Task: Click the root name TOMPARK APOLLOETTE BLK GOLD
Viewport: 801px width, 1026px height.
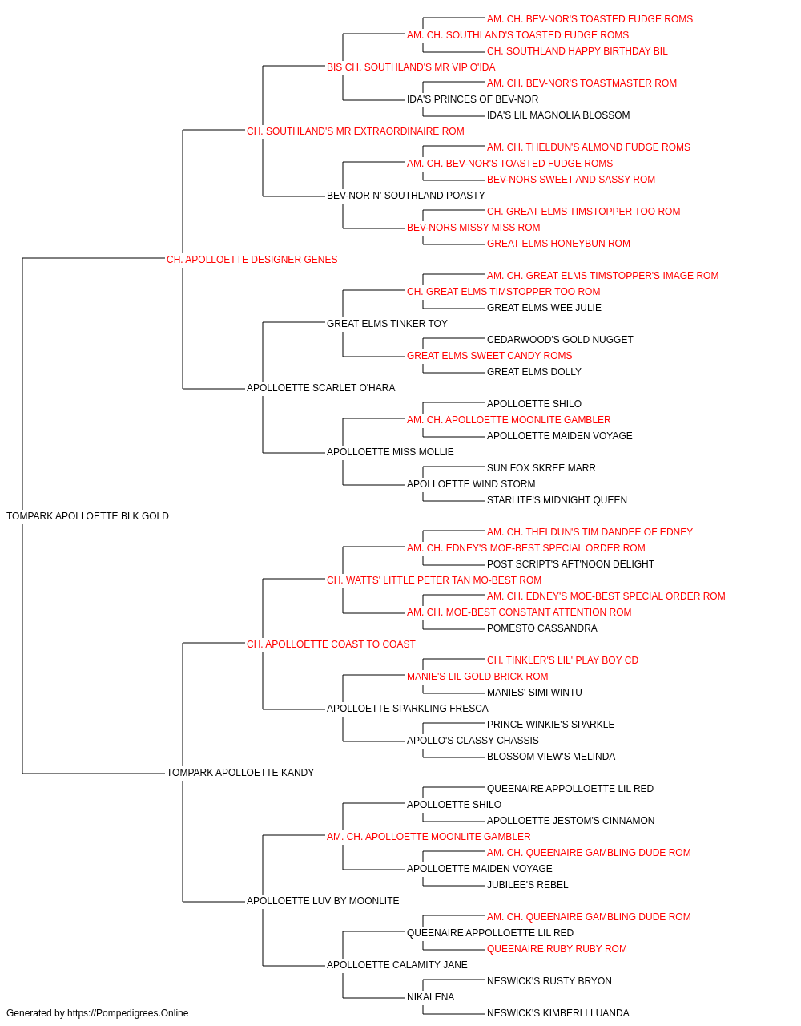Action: [x=87, y=516]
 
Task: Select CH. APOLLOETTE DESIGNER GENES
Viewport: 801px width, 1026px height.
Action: [x=252, y=260]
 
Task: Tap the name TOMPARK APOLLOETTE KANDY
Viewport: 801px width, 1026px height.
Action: [x=240, y=773]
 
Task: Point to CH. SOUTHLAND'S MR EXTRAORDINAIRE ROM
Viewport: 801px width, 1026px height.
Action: [x=355, y=131]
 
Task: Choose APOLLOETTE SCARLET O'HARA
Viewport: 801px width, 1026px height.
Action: [x=320, y=388]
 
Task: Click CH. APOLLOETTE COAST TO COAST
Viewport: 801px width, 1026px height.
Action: [x=331, y=644]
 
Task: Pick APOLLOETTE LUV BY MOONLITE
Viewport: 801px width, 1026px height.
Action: [x=323, y=901]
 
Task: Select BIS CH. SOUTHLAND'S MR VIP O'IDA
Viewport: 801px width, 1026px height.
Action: [x=411, y=67]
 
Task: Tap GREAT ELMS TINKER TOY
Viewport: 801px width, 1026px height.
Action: [x=387, y=323]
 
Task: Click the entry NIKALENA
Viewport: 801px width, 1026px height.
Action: [x=430, y=996]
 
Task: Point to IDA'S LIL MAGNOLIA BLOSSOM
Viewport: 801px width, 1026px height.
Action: [x=558, y=115]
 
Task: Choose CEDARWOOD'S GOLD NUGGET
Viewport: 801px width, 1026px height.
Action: [x=560, y=340]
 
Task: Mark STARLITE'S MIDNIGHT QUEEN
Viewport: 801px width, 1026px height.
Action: [x=557, y=500]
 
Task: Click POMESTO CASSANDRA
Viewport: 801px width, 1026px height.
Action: [x=542, y=628]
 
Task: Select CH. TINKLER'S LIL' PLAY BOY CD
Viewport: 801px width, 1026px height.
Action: [x=562, y=660]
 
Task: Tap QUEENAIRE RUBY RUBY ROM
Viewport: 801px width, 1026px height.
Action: [x=557, y=948]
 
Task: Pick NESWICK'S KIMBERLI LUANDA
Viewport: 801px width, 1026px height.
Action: [x=558, y=1013]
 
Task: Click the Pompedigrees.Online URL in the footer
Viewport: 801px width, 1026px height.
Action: [x=127, y=1013]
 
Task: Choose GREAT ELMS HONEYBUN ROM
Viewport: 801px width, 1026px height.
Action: [x=558, y=244]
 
